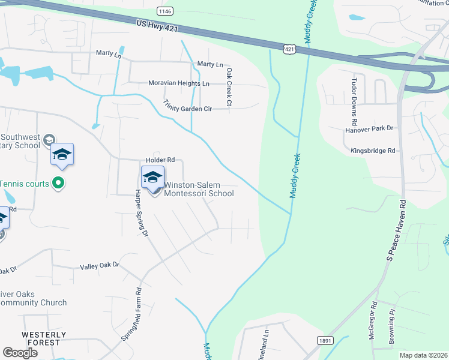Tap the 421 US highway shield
click(x=289, y=48)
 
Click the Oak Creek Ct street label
click(x=229, y=87)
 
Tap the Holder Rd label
click(x=160, y=160)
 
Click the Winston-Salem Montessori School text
click(x=199, y=189)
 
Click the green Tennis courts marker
click(x=58, y=182)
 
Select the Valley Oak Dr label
click(x=100, y=265)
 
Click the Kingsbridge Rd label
click(x=374, y=151)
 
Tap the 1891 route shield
click(x=325, y=340)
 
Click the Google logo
click(x=20, y=353)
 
